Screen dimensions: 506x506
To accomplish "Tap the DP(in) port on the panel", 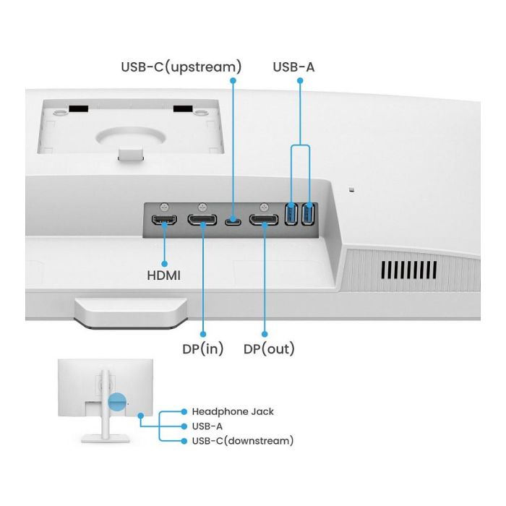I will click(203, 220).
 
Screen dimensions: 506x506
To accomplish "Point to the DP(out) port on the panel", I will click(265, 220).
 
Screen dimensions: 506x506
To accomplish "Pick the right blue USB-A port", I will click(309, 215).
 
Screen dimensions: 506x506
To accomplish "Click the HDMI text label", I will click(163, 275).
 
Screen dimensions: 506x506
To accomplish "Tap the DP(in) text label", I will click(203, 349).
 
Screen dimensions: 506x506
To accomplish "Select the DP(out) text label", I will click(269, 349).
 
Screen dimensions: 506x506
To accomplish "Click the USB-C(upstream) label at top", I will click(181, 67).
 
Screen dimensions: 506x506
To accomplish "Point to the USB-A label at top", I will click(293, 67).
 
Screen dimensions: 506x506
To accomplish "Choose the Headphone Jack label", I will click(232, 411).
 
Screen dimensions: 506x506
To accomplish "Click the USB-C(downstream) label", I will click(242, 440).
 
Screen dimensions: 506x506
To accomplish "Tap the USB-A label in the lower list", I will click(207, 426).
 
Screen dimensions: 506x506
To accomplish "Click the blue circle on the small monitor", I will click(116, 403).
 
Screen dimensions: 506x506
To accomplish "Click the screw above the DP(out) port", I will click(265, 206).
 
